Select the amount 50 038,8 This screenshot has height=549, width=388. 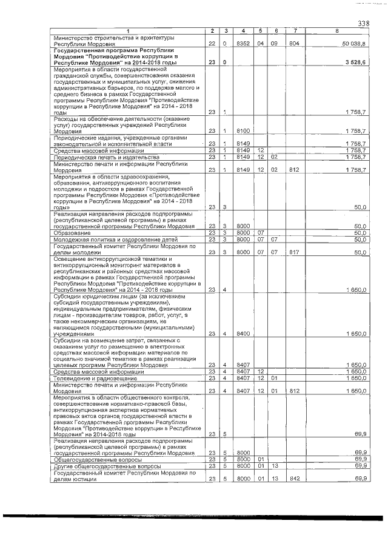click(353, 44)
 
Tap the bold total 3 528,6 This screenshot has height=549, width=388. click(355, 62)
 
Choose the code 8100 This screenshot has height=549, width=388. click(243, 130)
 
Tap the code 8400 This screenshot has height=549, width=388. click(243, 334)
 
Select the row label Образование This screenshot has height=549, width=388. click(72, 232)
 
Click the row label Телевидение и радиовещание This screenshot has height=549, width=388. click(94, 378)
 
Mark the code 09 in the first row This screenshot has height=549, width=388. click(276, 44)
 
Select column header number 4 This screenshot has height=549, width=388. click(243, 31)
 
